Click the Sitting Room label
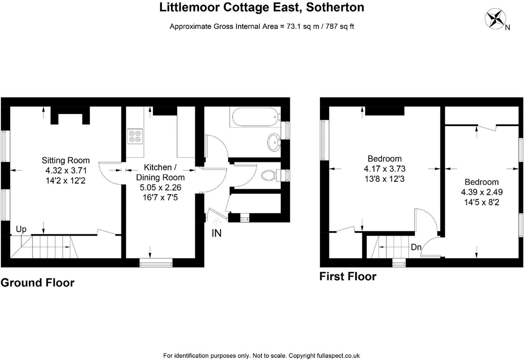click(66, 161)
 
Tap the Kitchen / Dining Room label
click(160, 172)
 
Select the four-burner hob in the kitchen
click(135, 136)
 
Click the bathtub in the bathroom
click(255, 117)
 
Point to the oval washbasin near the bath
click(274, 142)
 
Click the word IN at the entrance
click(216, 234)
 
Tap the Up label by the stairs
click(21, 229)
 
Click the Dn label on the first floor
click(416, 247)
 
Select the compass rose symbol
click(496, 19)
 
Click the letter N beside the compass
click(508, 28)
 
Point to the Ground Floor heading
click(38, 283)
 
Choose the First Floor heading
click(348, 277)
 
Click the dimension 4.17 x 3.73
click(384, 169)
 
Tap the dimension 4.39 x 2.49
click(481, 192)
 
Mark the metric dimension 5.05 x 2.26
click(160, 188)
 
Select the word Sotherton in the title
click(335, 7)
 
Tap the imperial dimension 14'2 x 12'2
click(66, 181)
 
